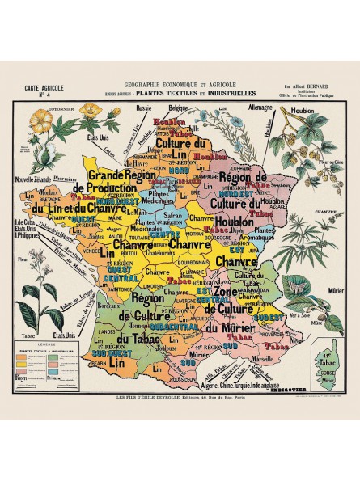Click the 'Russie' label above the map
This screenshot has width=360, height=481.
coord(145,107)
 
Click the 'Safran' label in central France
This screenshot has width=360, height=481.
coord(172,217)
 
